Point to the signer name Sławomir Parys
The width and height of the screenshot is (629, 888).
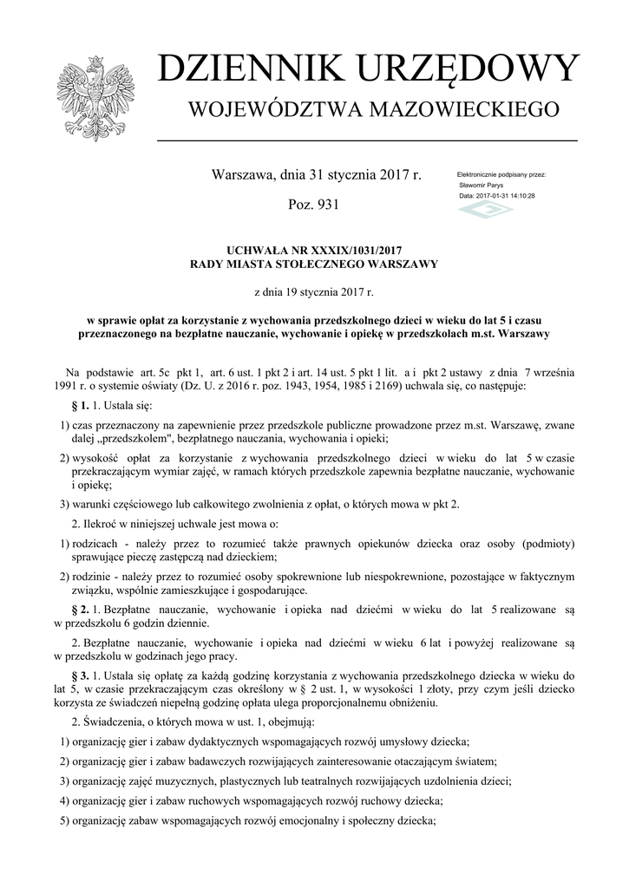482,185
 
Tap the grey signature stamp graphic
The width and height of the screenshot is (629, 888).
485,211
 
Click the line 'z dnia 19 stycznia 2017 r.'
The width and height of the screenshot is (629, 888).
314,293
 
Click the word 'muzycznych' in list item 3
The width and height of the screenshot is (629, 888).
207,780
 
